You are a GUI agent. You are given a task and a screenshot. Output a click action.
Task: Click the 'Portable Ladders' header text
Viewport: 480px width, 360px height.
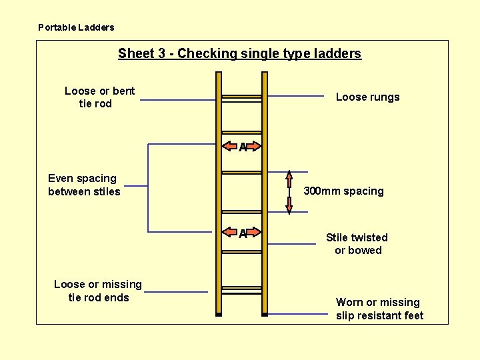tap(76, 27)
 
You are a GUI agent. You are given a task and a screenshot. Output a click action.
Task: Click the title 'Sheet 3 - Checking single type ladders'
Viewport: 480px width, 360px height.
tap(239, 53)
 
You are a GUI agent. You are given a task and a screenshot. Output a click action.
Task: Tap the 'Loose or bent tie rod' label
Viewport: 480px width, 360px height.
tap(99, 97)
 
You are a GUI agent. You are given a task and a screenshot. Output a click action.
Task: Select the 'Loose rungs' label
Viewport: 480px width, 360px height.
tap(367, 97)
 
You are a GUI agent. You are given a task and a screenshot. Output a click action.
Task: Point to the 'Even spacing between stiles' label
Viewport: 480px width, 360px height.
tap(84, 185)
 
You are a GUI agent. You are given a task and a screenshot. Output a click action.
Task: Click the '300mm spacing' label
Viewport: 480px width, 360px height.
tap(343, 191)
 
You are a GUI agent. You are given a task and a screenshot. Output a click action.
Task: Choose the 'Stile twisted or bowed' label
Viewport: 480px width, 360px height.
tap(357, 244)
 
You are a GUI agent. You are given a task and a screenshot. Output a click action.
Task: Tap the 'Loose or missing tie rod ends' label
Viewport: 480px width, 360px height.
tap(98, 291)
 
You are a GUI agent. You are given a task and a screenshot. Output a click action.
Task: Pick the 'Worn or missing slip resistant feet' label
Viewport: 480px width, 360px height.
tap(379, 309)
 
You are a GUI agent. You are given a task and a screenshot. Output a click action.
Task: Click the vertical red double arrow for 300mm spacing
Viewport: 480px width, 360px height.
tap(289, 193)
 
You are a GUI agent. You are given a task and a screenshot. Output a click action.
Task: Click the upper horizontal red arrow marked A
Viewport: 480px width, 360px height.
tap(242, 146)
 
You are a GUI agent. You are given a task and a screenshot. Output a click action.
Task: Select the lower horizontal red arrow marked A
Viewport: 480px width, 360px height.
tap(242, 233)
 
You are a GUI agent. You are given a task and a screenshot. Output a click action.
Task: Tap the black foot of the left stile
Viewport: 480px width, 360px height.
tap(218, 313)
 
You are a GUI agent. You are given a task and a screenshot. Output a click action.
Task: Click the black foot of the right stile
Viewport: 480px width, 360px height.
tap(265, 313)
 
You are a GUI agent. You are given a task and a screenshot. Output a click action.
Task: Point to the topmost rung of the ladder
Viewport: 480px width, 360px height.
tap(241, 97)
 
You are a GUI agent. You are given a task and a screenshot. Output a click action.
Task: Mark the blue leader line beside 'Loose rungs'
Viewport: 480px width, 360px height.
tap(296, 97)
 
